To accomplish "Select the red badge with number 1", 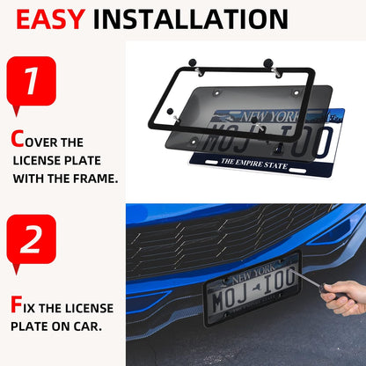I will (x=31, y=84).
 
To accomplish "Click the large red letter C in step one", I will (x=18, y=138).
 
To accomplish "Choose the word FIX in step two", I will (x=35, y=308).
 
